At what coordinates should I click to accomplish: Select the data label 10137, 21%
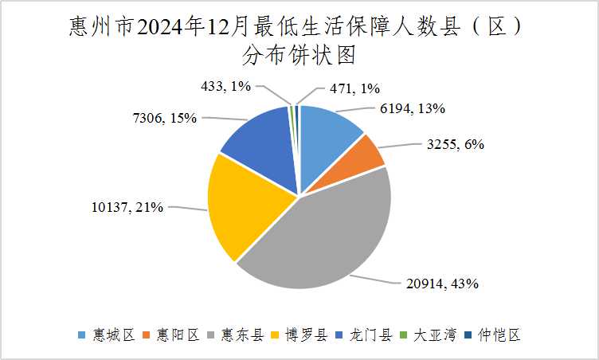[x=128, y=207]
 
